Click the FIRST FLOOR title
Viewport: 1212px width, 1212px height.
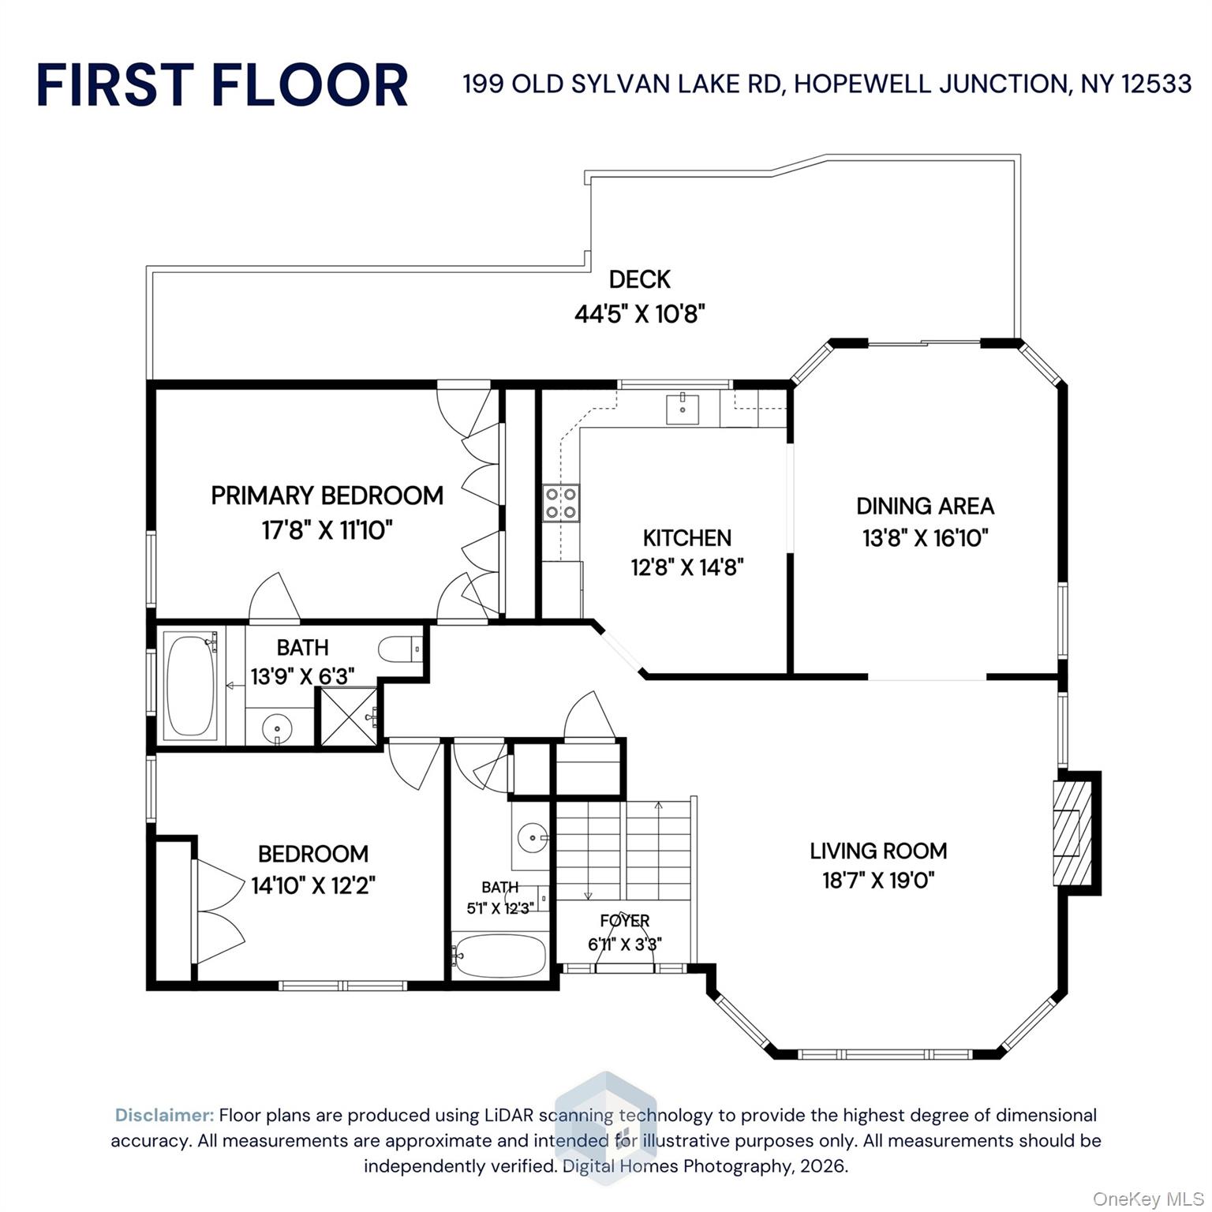coord(222,85)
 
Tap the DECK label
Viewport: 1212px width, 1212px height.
coord(639,279)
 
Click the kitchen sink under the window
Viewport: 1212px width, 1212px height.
coord(682,409)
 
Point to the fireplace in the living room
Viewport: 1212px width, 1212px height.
coord(1072,832)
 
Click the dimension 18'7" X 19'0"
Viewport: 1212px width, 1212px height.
coord(878,880)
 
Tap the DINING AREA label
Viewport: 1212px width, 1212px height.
coord(925,506)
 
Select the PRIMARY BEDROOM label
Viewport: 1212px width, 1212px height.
coord(327,496)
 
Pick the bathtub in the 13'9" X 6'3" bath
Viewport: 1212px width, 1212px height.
coord(191,686)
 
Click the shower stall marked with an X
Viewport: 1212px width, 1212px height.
coord(348,716)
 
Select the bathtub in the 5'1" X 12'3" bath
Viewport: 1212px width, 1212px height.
coord(499,956)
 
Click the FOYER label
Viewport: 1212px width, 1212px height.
coord(624,920)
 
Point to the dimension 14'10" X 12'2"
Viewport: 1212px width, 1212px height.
coord(313,886)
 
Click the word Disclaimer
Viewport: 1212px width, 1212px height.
coord(164,1115)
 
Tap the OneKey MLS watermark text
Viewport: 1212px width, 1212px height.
coord(1147,1199)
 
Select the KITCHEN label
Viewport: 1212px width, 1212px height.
coord(687,538)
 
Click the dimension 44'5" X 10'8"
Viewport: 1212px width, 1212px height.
coord(639,314)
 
